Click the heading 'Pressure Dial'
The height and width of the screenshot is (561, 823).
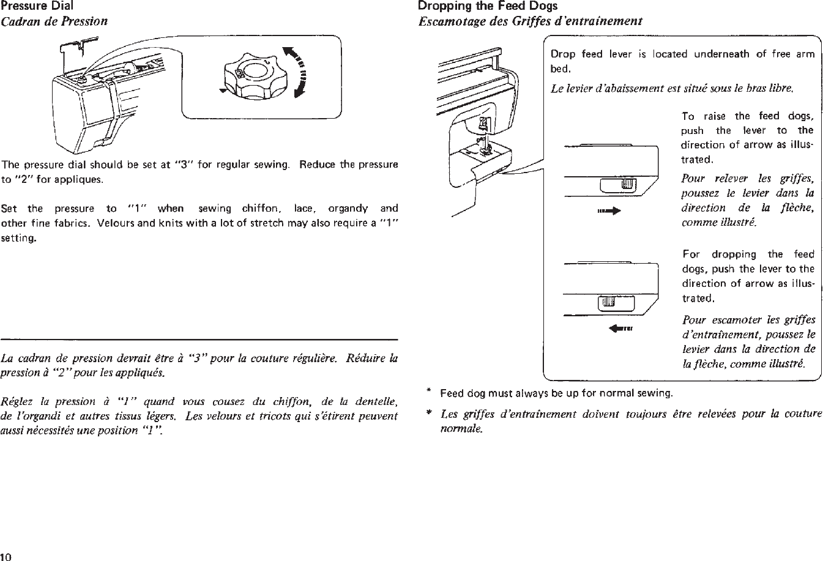(x=37, y=6)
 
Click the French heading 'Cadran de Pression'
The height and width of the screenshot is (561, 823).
(x=54, y=21)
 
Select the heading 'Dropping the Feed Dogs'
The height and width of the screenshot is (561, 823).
(x=487, y=6)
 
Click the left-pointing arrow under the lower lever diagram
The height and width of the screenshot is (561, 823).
(x=619, y=327)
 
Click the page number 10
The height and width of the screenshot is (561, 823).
(x=7, y=556)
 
